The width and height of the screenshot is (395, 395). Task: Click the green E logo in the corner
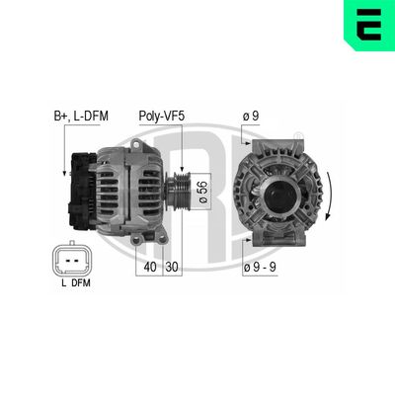(x=368, y=27)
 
